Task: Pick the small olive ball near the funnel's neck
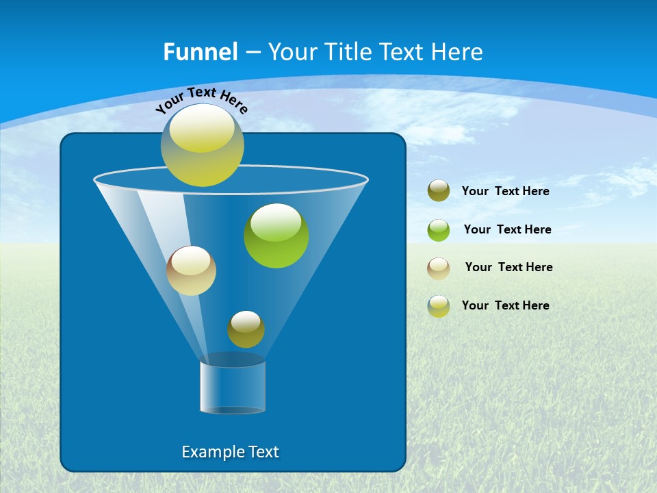click(246, 331)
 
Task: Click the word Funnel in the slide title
click(201, 52)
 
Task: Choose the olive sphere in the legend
click(439, 191)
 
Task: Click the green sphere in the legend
click(439, 230)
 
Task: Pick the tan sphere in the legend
click(439, 268)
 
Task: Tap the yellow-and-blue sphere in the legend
click(439, 306)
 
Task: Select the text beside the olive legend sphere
click(505, 191)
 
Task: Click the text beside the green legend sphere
click(507, 229)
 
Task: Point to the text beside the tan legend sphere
click(508, 267)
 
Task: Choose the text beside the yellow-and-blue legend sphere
click(505, 305)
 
